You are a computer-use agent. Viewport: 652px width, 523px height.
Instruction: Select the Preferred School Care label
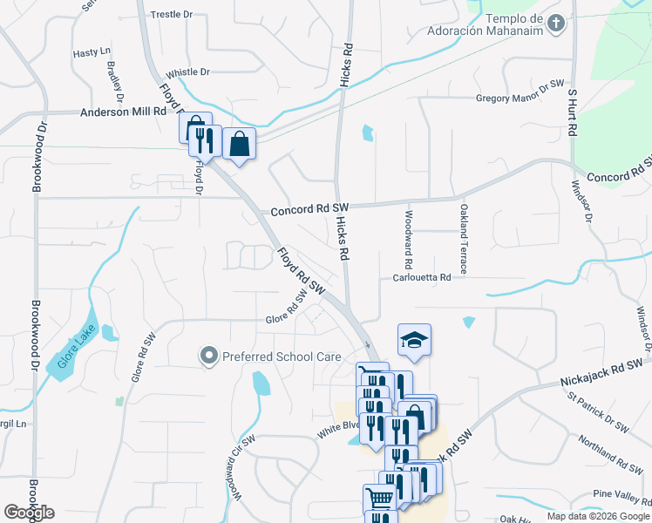point(268,357)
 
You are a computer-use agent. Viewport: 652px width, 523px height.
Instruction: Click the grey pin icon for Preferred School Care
point(208,356)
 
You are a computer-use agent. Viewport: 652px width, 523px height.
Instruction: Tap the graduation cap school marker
point(414,340)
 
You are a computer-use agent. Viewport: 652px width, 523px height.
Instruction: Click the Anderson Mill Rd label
point(123,112)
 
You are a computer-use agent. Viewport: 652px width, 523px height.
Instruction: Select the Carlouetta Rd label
point(421,277)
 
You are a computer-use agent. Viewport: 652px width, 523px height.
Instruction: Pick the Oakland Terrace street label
point(463,238)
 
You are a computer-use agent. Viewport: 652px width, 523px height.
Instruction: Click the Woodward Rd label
point(407,238)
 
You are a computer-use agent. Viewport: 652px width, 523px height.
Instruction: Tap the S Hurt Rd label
point(573,111)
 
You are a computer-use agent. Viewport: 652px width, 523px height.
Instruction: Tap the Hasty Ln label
point(92,53)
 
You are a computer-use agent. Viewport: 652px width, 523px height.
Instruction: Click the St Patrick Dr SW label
point(597,412)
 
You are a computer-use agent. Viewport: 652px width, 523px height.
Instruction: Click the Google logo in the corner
point(29,513)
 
